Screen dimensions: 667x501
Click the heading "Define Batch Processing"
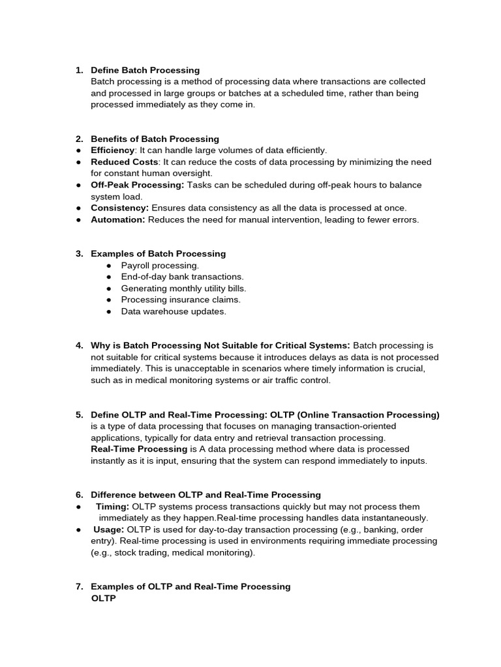tap(145, 70)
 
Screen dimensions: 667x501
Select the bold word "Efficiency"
tap(112, 150)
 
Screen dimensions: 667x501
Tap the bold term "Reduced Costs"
tap(124, 162)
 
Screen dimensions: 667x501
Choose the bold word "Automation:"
tap(118, 220)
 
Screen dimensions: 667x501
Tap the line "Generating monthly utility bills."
tap(183, 288)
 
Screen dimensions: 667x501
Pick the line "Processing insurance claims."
tap(181, 300)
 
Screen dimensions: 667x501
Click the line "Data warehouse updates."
tap(174, 311)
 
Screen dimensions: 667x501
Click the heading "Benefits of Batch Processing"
tap(155, 139)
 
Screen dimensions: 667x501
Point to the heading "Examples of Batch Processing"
tap(158, 253)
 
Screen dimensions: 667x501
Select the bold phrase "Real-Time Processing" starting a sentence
tap(139, 449)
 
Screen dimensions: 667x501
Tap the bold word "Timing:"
tap(112, 506)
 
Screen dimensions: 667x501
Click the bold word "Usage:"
tap(108, 530)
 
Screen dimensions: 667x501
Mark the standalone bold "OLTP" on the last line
tap(103, 598)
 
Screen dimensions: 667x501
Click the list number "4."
tap(79, 345)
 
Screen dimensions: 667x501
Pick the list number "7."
tap(79, 586)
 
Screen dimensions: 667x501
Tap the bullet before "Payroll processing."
tap(109, 265)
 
